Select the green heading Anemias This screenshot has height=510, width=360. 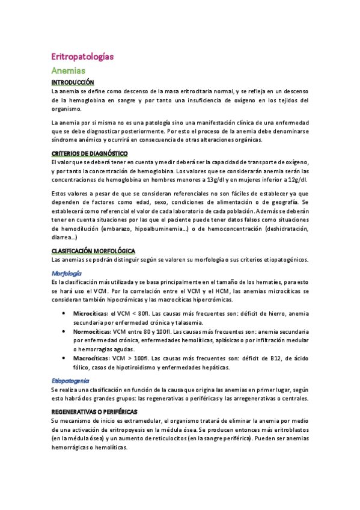[x=69, y=71]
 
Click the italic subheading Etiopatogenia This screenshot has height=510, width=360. [x=70, y=381]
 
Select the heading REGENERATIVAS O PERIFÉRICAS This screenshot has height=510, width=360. [x=94, y=412]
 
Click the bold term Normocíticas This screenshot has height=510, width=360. [x=92, y=332]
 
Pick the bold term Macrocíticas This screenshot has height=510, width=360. [x=92, y=358]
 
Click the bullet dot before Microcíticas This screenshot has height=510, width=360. [x=64, y=314]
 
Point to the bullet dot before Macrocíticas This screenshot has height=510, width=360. [x=64, y=358]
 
